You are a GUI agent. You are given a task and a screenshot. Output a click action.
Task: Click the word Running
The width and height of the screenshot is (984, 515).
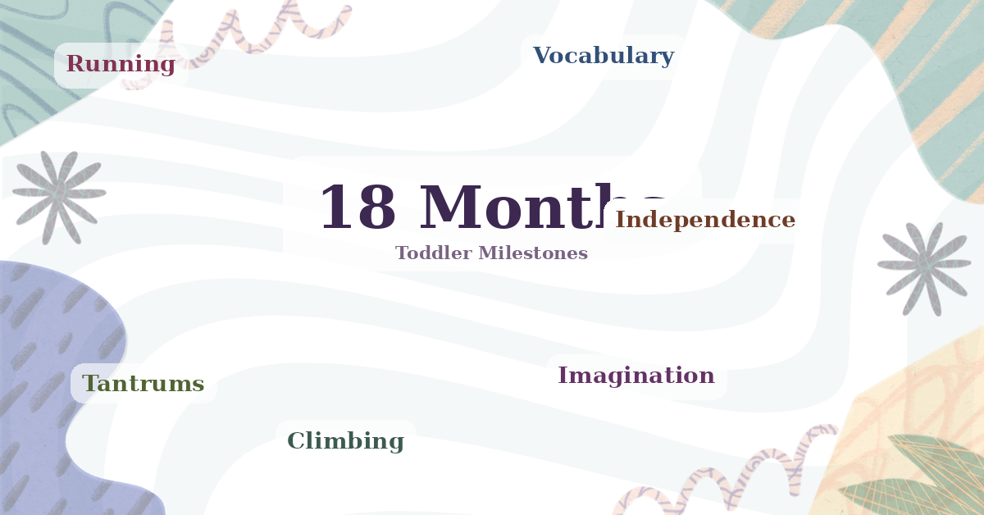tap(121, 64)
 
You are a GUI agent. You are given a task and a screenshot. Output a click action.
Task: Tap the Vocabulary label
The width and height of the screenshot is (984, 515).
tap(604, 56)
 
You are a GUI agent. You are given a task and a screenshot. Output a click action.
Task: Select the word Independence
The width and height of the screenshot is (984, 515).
tap(705, 220)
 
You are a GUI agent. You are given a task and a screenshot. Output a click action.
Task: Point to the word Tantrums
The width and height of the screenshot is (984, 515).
tap(143, 384)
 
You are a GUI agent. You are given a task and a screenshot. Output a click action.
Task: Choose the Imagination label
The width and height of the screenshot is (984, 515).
tap(636, 376)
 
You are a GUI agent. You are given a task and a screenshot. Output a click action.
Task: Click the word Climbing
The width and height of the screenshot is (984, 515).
tap(345, 441)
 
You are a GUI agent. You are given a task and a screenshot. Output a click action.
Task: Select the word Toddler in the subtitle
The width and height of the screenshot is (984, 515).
tap(433, 253)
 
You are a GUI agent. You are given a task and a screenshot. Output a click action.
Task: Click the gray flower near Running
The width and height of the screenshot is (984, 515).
tap(59, 196)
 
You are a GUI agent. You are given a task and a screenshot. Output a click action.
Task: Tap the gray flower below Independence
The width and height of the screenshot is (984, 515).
tap(924, 266)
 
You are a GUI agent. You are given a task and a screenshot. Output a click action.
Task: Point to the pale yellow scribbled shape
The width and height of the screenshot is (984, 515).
tap(910, 402)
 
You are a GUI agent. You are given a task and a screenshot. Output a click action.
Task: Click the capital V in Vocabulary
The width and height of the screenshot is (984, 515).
tap(541, 56)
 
